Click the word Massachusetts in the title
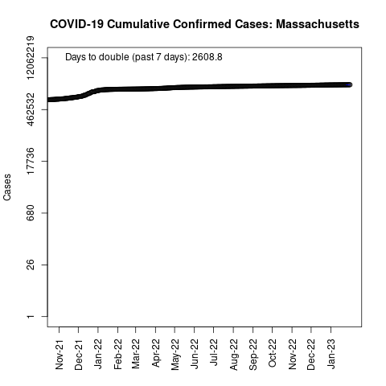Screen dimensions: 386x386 (x=318, y=24)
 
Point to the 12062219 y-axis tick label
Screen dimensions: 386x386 (x=31, y=58)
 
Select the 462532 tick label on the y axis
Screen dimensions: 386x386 (x=31, y=109)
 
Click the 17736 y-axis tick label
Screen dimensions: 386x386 (x=31, y=161)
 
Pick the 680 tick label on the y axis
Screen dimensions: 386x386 (x=31, y=213)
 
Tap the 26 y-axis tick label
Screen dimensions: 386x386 (x=31, y=265)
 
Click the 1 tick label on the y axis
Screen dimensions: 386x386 (x=31, y=317)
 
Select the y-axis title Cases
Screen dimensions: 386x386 (x=7, y=187)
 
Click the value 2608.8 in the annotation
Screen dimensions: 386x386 (x=207, y=57)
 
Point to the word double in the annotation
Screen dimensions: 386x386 (x=113, y=57)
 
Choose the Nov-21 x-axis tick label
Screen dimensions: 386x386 (x=59, y=355)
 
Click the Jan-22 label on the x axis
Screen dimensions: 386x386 (x=98, y=354)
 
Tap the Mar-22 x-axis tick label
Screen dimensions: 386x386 (x=136, y=354)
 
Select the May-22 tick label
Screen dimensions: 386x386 (x=175, y=355)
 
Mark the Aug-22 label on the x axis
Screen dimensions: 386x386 (x=233, y=355)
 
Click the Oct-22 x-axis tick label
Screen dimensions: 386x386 (x=272, y=353)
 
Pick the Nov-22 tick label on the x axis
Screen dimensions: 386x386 (x=292, y=354)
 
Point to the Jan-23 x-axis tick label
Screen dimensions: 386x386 (x=331, y=354)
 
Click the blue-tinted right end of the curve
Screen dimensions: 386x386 (x=348, y=85)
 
